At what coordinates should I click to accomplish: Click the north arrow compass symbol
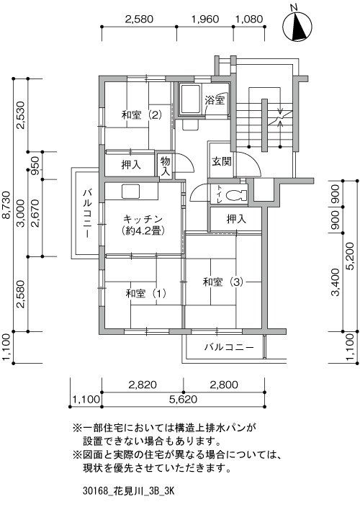(297, 27)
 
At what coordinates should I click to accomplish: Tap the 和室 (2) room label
(142, 115)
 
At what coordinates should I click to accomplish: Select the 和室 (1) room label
(145, 294)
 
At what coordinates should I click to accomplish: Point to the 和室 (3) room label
(222, 282)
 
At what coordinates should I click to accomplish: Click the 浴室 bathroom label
(215, 100)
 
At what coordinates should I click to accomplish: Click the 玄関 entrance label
(222, 161)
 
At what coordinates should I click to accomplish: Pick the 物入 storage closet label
(165, 166)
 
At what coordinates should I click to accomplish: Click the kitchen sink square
(130, 191)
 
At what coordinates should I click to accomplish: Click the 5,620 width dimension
(183, 399)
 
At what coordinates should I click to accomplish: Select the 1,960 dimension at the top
(205, 19)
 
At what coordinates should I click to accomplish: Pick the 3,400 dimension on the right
(336, 282)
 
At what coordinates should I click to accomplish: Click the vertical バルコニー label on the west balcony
(87, 213)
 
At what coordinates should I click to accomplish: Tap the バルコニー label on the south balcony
(229, 348)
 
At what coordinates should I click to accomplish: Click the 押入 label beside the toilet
(236, 219)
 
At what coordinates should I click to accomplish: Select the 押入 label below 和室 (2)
(131, 165)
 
